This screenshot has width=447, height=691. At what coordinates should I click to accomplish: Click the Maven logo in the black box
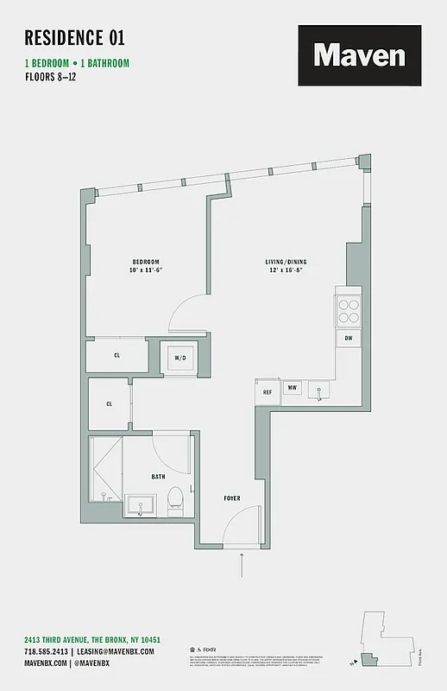pos(359,56)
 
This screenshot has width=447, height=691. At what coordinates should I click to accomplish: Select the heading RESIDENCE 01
pos(74,37)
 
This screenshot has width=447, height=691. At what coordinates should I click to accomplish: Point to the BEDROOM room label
pos(145,262)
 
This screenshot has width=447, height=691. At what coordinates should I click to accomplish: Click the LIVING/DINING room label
pos(286,262)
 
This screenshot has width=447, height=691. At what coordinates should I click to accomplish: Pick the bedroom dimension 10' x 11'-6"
pos(145,270)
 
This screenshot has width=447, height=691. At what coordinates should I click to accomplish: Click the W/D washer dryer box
pos(180,358)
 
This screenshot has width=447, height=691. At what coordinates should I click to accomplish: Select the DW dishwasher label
pos(349,339)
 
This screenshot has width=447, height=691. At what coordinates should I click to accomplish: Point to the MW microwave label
pos(293,389)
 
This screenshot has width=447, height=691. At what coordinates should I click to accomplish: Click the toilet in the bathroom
pos(175,498)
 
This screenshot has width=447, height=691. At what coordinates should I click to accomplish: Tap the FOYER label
pos(232,498)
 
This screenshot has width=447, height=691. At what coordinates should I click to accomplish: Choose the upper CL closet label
pos(116,355)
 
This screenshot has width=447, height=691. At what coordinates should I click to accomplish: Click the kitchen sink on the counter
pos(319,392)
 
